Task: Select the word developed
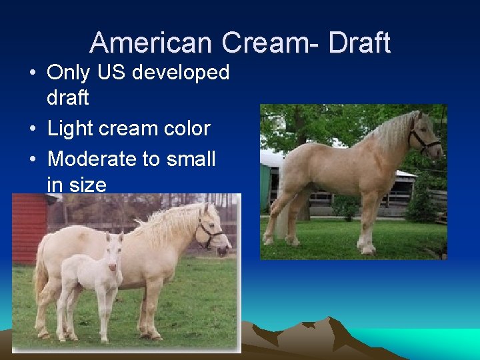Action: (181, 73)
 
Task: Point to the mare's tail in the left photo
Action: (42, 273)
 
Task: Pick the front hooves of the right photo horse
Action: (366, 249)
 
